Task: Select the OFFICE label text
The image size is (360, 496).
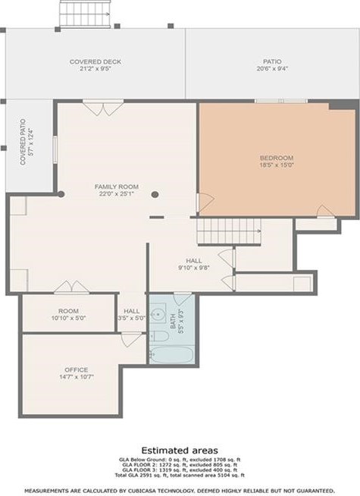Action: tap(75, 369)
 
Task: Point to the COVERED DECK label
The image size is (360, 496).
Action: tap(95, 61)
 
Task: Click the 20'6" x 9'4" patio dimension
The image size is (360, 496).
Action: tap(271, 68)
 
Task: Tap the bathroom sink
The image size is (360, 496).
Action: tap(159, 312)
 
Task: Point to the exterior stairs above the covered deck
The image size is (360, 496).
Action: tap(75, 12)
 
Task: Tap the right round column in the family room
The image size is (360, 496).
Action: tap(155, 195)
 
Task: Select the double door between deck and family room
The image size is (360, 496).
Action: tap(95, 108)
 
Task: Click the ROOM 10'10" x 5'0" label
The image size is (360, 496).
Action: tap(69, 314)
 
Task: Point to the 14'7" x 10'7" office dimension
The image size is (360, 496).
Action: tap(75, 376)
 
